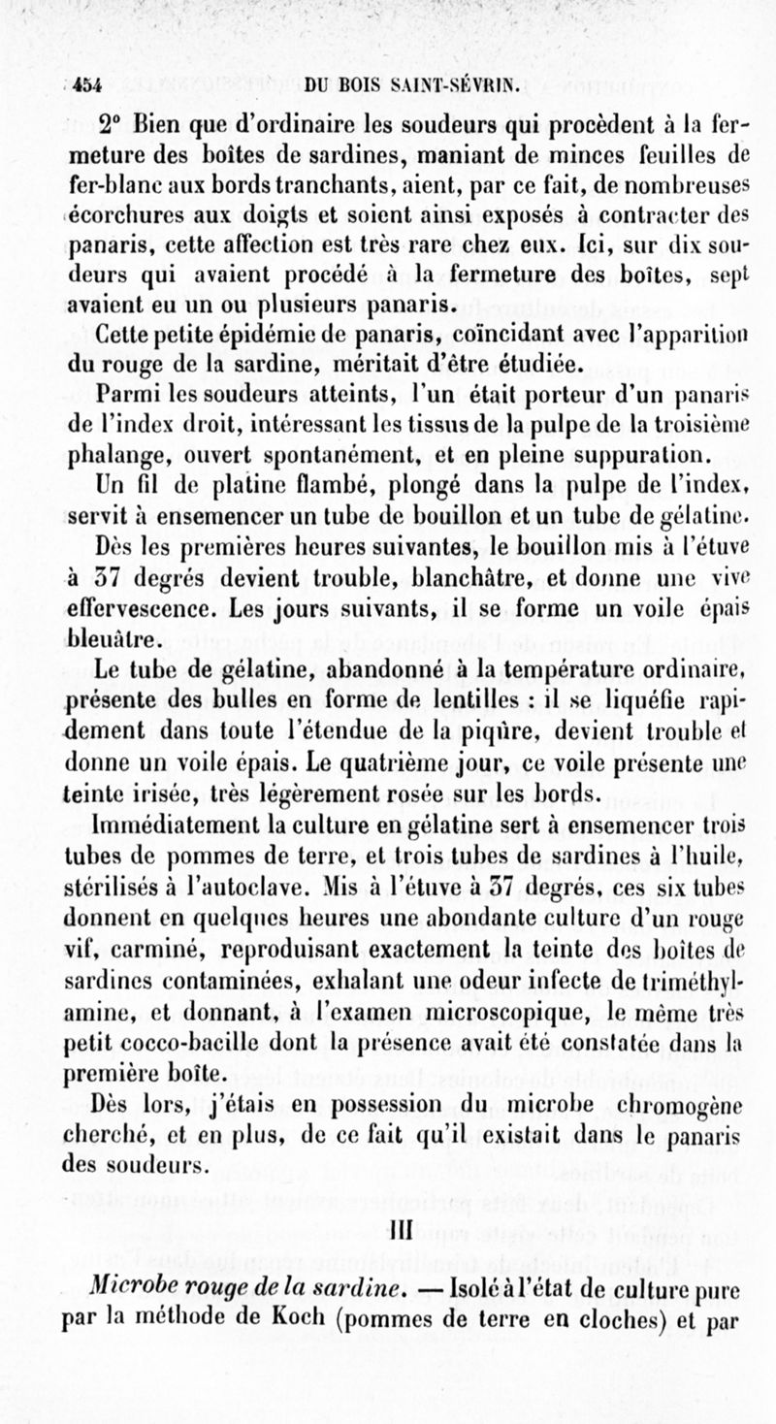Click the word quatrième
tap(383, 749)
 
